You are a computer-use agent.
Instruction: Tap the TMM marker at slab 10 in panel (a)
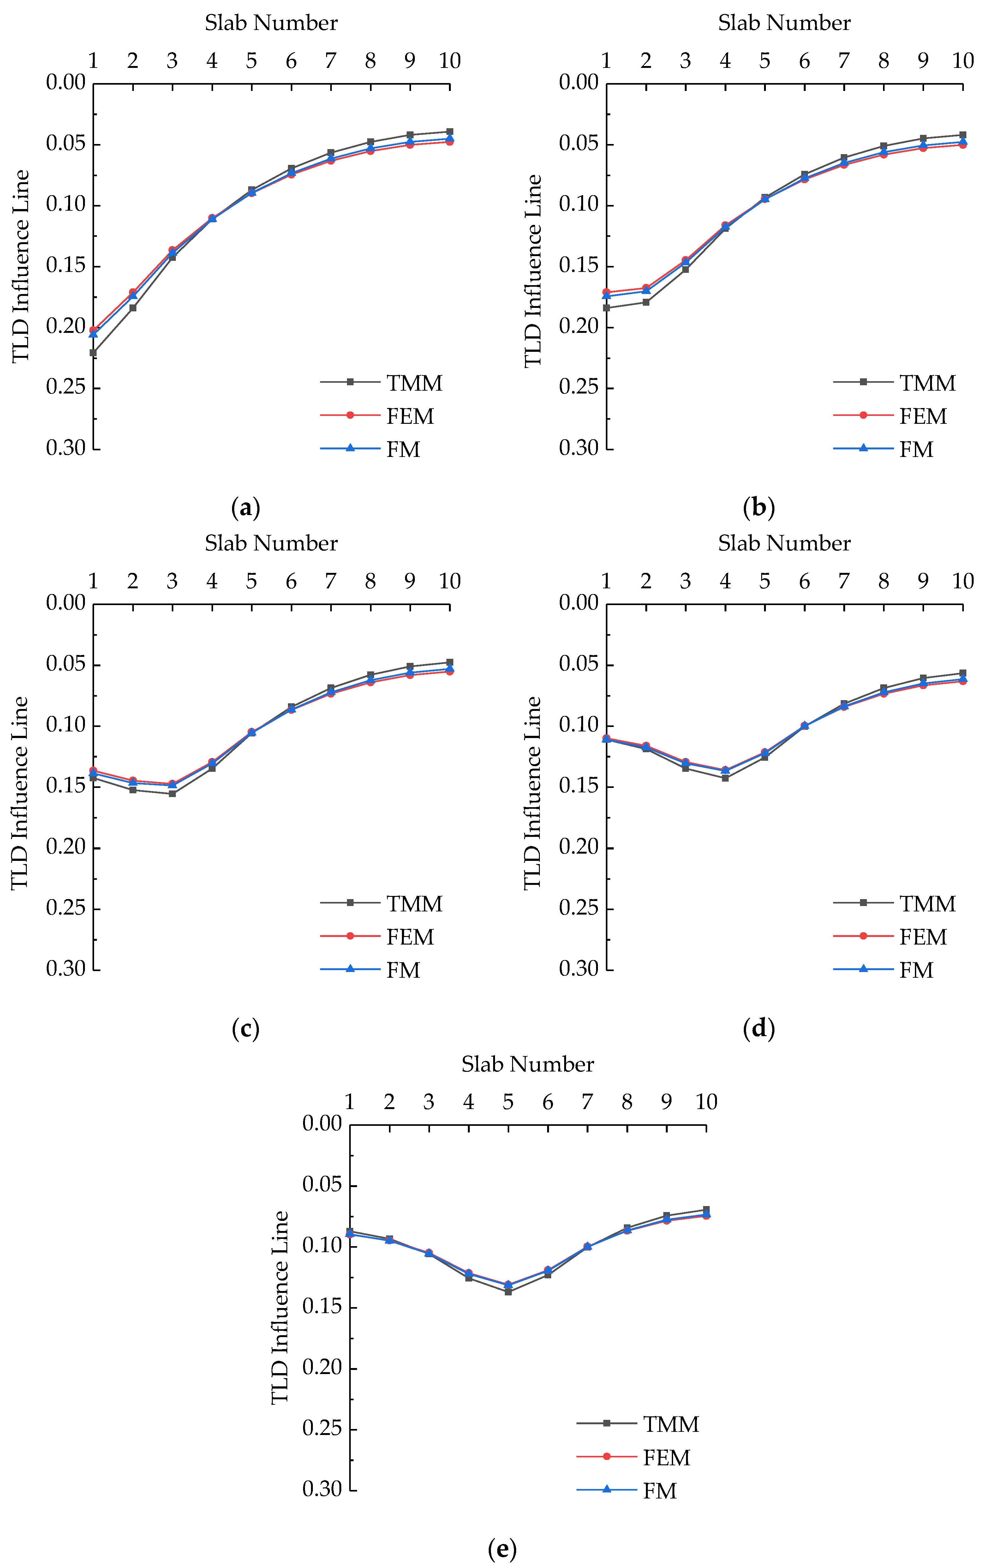[450, 131]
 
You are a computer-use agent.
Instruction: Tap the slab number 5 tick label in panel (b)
[764, 61]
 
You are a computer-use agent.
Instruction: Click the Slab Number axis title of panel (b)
[784, 23]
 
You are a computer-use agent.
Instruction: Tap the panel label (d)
[759, 1028]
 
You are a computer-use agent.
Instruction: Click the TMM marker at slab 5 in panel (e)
[508, 1292]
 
